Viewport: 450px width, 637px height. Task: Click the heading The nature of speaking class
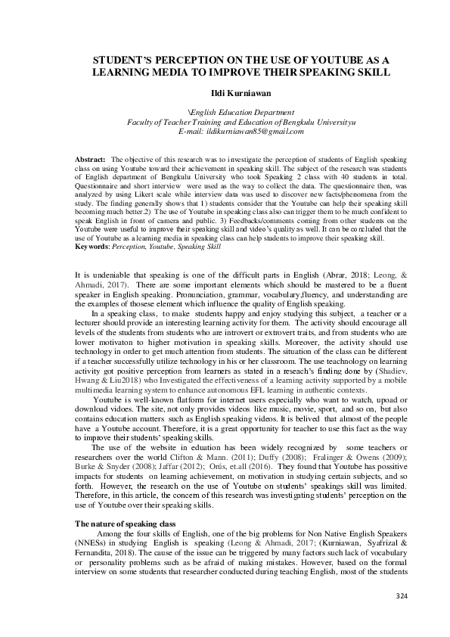point(124,524)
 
